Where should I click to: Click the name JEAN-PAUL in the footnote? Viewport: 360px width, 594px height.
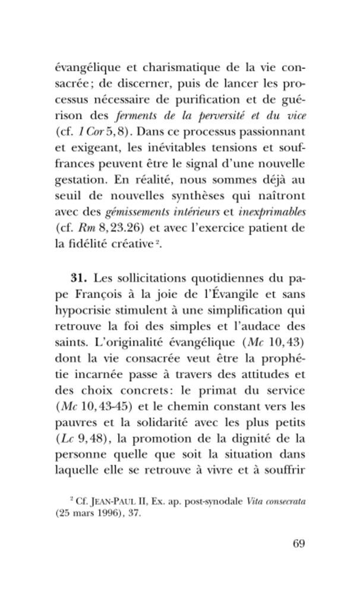click(112, 502)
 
